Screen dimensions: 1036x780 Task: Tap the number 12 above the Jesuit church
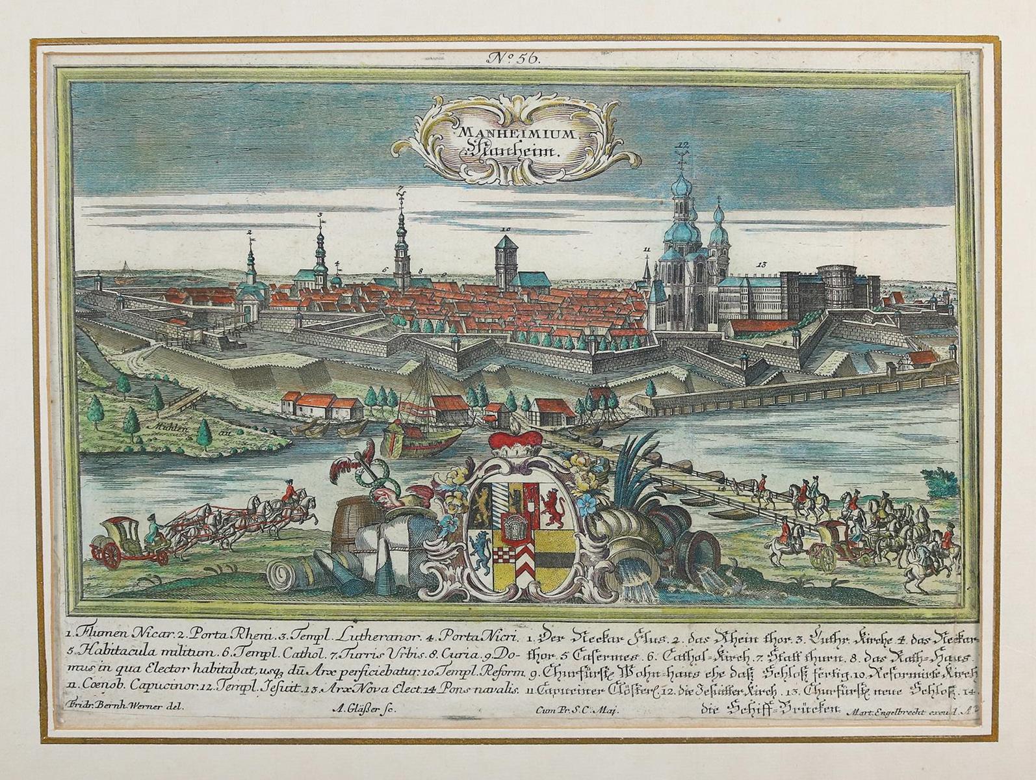(682, 144)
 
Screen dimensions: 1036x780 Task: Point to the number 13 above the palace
(762, 265)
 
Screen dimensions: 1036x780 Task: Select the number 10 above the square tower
(506, 229)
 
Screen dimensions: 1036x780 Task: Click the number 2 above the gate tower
(249, 232)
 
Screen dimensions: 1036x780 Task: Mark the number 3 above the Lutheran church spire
(320, 215)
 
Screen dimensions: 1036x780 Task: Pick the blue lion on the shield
(481, 549)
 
